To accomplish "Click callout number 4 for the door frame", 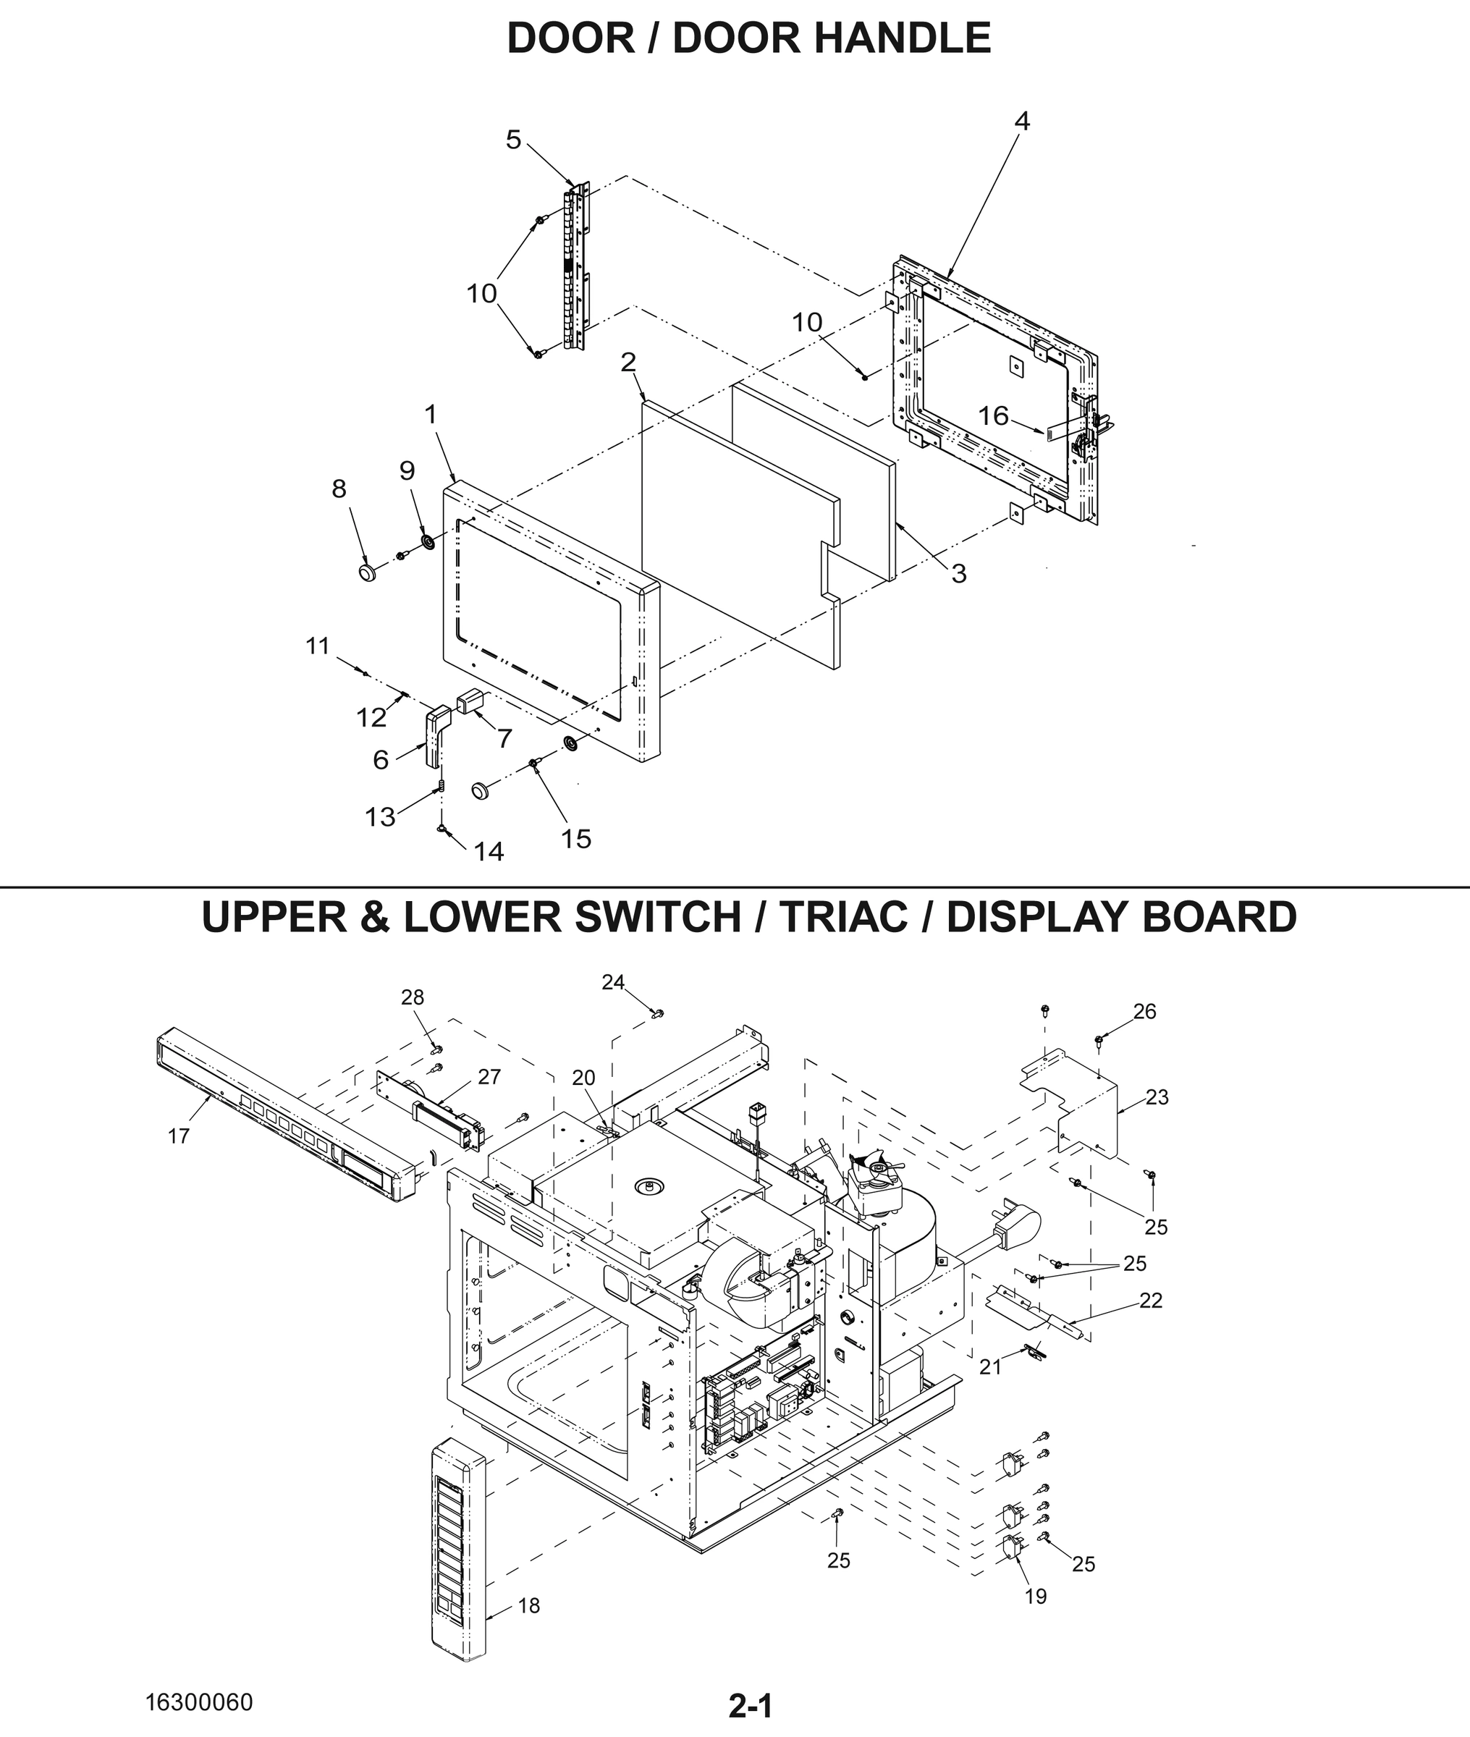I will tap(1022, 122).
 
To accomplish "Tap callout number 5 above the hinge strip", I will tap(513, 140).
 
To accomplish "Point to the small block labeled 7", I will tap(465, 701).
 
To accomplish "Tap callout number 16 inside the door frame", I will tap(993, 415).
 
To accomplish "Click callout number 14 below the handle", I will tap(489, 850).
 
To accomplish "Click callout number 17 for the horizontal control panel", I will tap(178, 1136).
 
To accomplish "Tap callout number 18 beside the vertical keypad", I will tap(529, 1605).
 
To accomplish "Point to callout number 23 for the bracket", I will tap(1157, 1097).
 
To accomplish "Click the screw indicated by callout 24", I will tap(657, 1013).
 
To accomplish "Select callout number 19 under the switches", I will tap(1035, 1596).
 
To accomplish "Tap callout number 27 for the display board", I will tap(489, 1076).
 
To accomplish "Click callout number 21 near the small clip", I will tap(990, 1367).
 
